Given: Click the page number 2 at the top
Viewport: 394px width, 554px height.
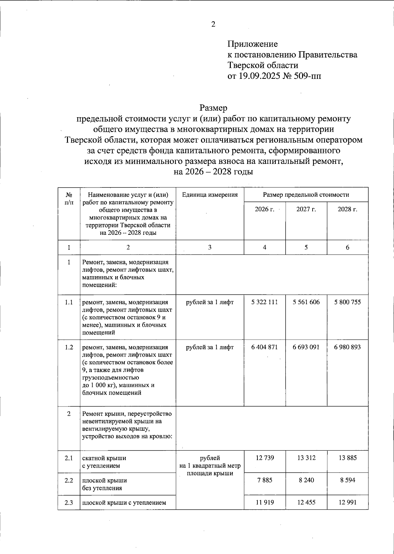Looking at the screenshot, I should pos(213,24).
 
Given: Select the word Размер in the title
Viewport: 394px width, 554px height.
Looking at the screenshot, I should pos(213,108).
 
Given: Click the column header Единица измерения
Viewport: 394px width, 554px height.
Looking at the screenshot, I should pos(210,194).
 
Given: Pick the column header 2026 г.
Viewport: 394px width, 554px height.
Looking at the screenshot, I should pos(264,209).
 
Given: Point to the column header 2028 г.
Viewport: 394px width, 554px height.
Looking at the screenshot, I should pos(347,209).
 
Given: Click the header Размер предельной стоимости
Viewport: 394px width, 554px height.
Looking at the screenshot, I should pos(306,194).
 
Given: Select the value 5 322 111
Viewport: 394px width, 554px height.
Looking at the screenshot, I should pos(264,302).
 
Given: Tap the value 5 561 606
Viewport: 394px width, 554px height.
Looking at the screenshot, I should pos(306,302).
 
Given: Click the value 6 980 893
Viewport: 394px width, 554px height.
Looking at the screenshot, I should pos(347,347).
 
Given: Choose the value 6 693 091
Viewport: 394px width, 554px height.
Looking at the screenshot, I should pos(306,347).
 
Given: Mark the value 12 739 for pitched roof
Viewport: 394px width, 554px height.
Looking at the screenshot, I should pos(265,458).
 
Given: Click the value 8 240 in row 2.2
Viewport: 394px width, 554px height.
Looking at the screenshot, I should pos(306,480).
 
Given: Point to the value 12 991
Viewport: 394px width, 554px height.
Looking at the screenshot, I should pos(347,502).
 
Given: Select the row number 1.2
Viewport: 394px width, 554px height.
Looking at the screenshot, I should pos(69,347).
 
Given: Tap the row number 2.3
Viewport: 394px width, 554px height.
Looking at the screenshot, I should pos(69,502).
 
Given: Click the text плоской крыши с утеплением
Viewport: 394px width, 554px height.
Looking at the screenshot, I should pos(124,502).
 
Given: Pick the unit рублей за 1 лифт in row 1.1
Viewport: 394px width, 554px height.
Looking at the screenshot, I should pos(210,302).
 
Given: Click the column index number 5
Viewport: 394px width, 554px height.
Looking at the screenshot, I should pos(306,247).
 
